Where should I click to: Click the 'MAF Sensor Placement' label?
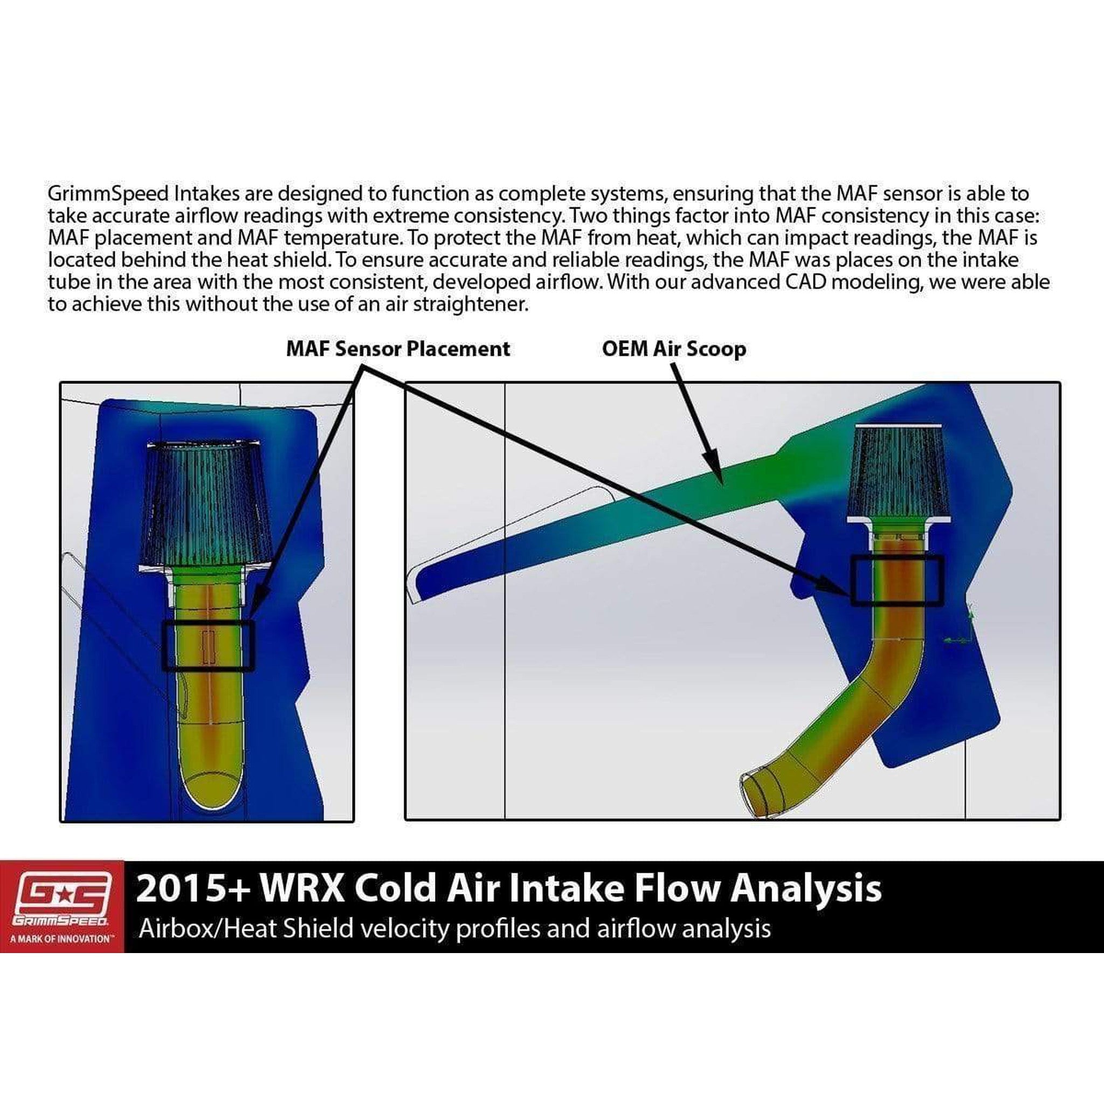click(398, 349)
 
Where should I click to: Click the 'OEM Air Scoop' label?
click(674, 349)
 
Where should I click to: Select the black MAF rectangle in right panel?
click(896, 580)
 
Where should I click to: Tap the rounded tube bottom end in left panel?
click(210, 791)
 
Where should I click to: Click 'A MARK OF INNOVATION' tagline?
click(61, 939)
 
